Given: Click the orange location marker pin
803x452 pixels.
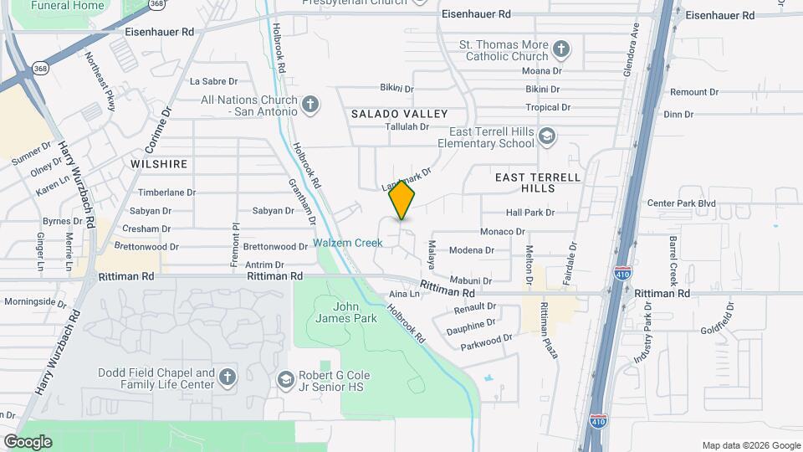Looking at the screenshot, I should [402, 199].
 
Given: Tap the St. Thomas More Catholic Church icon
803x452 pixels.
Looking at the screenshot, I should [561, 50].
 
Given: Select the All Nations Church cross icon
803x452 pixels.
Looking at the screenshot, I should [310, 105].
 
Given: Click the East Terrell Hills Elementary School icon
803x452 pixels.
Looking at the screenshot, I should [546, 136].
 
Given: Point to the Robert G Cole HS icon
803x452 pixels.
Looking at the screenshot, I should [286, 380].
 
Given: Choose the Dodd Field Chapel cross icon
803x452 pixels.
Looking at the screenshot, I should [227, 378].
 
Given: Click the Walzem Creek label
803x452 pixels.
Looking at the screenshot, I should [348, 244].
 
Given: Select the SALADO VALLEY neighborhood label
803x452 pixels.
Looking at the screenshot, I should [399, 113].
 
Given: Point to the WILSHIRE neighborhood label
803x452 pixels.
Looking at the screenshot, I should [159, 164].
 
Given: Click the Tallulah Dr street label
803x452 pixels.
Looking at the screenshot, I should [407, 127].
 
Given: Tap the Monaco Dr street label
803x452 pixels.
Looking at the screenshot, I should [502, 232].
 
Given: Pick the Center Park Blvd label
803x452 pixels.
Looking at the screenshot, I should [682, 203].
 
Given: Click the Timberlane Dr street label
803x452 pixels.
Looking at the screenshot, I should [166, 192].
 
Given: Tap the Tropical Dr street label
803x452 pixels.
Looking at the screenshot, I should [547, 107].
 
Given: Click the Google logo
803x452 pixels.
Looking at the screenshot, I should [28, 441].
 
